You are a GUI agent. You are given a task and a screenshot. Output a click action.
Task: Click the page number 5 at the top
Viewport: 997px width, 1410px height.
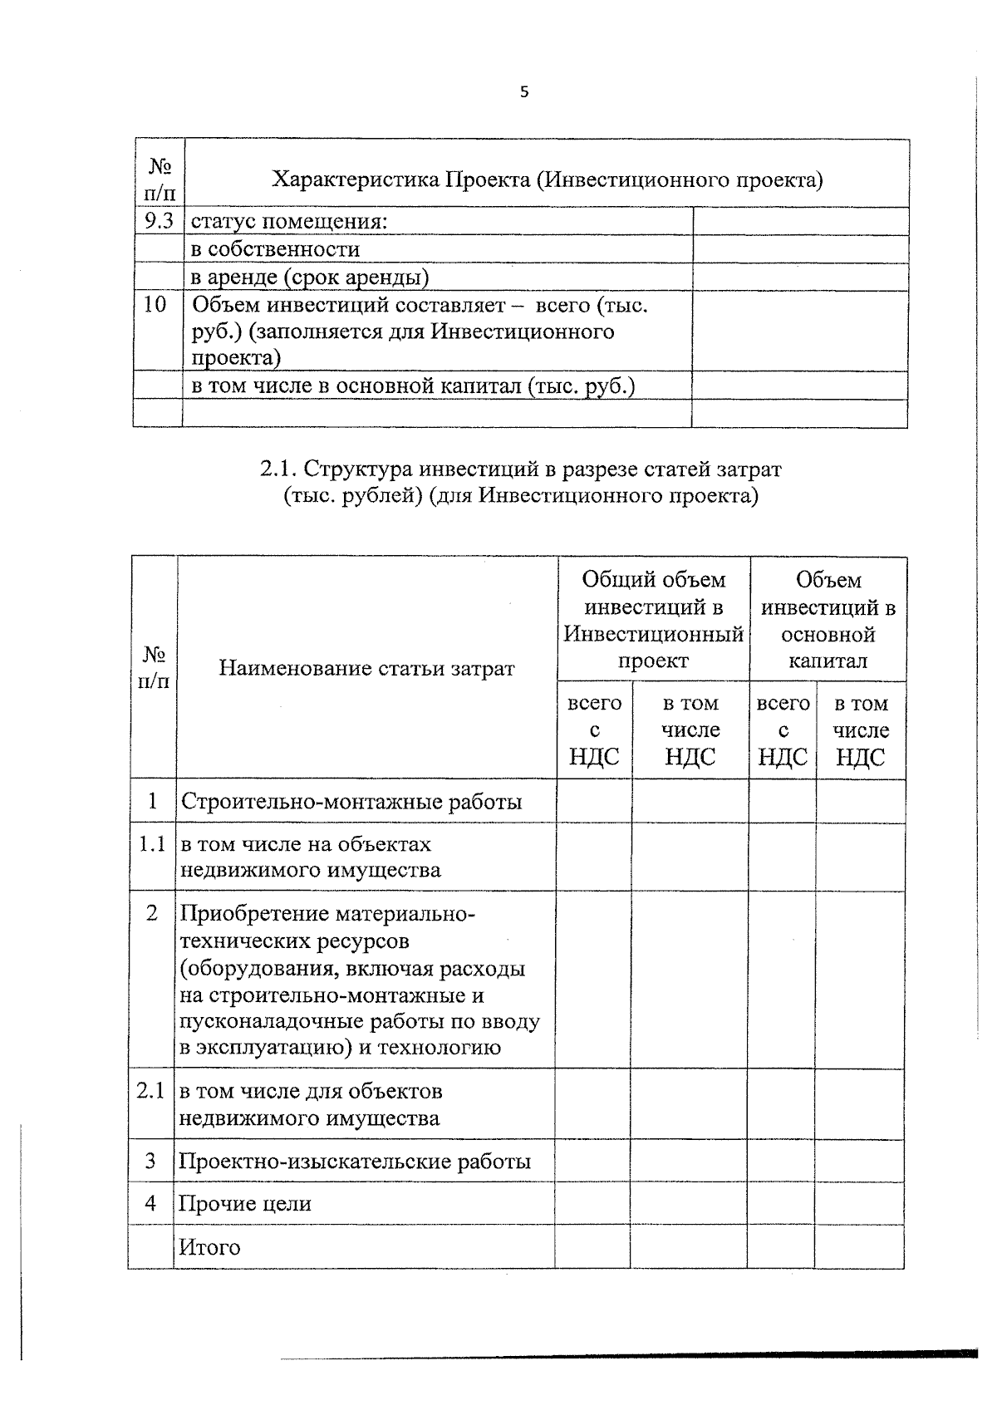pyautogui.click(x=523, y=92)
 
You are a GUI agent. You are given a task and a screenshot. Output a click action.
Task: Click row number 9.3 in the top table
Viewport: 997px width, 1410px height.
pyautogui.click(x=158, y=221)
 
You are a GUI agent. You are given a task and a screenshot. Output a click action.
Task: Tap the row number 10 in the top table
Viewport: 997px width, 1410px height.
pyautogui.click(x=155, y=304)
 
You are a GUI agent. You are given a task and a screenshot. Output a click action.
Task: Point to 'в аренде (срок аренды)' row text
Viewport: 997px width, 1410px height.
pyautogui.click(x=310, y=277)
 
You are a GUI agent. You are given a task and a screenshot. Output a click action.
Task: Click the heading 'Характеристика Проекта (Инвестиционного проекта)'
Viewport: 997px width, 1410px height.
pyautogui.click(x=548, y=179)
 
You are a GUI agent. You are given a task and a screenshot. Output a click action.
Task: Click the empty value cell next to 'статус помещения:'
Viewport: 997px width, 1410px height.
pyautogui.click(x=799, y=221)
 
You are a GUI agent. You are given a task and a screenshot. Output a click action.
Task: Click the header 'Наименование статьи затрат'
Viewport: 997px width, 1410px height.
pyautogui.click(x=366, y=668)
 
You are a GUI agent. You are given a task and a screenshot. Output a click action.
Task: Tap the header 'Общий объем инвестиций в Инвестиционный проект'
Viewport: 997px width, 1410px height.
pyautogui.click(x=653, y=620)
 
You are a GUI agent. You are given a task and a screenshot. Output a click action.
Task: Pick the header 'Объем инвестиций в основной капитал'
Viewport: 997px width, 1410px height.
pyautogui.click(x=828, y=620)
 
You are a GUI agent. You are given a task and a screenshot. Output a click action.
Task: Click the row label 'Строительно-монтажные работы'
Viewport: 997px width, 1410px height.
pyautogui.click(x=351, y=802)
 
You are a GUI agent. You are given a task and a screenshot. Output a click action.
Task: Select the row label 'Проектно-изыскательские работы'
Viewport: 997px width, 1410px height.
pyautogui.click(x=355, y=1161)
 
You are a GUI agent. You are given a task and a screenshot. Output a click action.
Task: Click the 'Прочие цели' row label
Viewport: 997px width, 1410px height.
pyautogui.click(x=246, y=1203)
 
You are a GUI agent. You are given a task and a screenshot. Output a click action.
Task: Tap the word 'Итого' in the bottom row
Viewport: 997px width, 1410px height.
pyautogui.click(x=209, y=1247)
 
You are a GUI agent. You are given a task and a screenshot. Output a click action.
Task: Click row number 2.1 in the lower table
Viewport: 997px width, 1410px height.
pyautogui.click(x=151, y=1091)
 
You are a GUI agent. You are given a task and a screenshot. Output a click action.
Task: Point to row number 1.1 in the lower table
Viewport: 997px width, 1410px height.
pyautogui.click(x=152, y=844)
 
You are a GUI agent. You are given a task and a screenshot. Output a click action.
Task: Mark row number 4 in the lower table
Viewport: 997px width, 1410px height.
pyautogui.click(x=150, y=1202)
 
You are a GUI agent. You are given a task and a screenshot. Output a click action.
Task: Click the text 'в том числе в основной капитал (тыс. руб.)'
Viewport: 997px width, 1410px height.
pyautogui.click(x=414, y=386)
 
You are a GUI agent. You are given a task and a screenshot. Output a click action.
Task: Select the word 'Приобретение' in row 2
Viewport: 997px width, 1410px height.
pyautogui.click(x=255, y=915)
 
